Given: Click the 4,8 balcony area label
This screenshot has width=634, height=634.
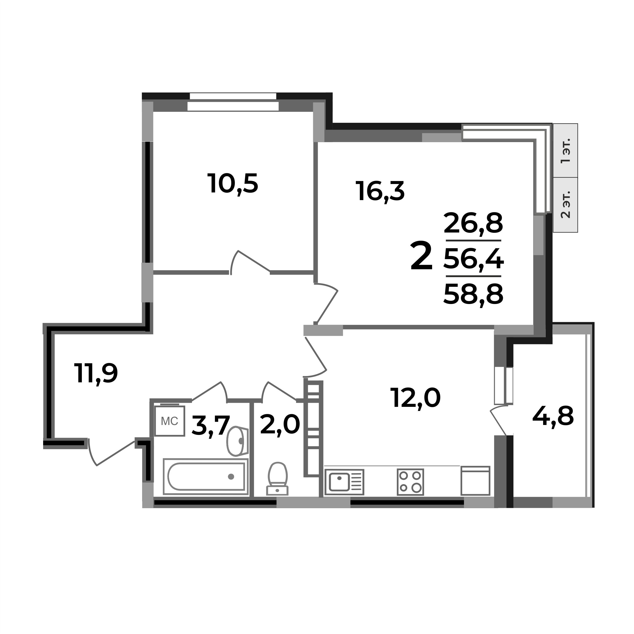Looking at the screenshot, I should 553,416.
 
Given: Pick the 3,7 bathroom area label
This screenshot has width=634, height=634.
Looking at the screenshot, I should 210,425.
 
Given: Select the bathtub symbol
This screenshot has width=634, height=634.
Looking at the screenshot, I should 206,476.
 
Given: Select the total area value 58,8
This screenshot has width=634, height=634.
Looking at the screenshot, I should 473,294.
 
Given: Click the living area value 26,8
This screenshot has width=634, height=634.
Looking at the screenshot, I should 473,223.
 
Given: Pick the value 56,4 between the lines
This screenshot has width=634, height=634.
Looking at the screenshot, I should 473,259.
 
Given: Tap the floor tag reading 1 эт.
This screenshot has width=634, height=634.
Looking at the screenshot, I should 565,151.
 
